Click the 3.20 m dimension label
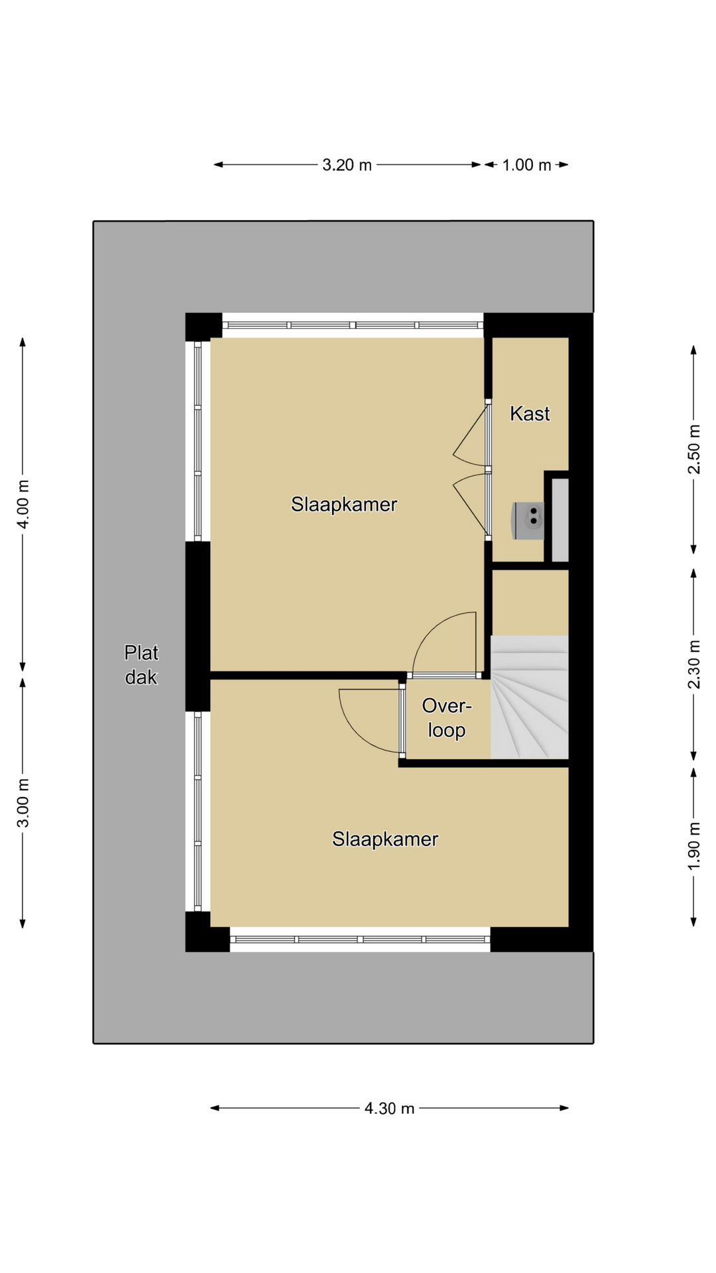pyautogui.click(x=347, y=164)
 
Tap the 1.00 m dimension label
pyautogui.click(x=526, y=164)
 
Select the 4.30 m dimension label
pyautogui.click(x=389, y=1107)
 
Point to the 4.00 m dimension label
pyautogui.click(x=23, y=504)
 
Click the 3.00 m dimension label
pyautogui.click(x=23, y=802)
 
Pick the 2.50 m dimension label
pyautogui.click(x=694, y=450)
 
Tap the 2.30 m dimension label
pyautogui.click(x=694, y=664)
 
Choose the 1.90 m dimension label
pyautogui.click(x=694, y=846)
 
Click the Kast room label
pyautogui.click(x=530, y=414)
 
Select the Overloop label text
pyautogui.click(x=447, y=717)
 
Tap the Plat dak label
pyautogui.click(x=141, y=665)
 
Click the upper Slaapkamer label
pyautogui.click(x=344, y=505)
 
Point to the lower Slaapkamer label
pyautogui.click(x=385, y=839)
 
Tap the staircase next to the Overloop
pyautogui.click(x=530, y=697)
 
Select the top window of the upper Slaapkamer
pyautogui.click(x=353, y=325)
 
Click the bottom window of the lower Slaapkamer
pyautogui.click(x=360, y=940)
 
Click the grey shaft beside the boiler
pyautogui.click(x=560, y=520)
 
